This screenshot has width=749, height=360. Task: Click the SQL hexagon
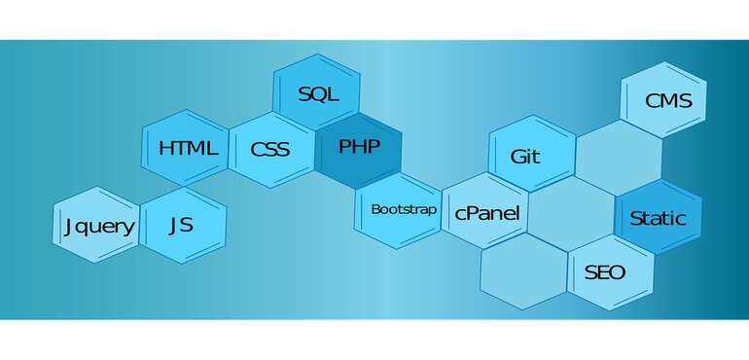317,94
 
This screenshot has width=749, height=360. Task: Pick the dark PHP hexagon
359,147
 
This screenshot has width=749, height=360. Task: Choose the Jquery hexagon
98,226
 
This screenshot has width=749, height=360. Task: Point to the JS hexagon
182,226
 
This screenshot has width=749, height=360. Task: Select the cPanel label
487,213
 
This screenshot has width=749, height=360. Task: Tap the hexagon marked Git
526,156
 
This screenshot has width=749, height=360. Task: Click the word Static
658,218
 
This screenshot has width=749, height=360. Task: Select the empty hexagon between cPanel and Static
572,212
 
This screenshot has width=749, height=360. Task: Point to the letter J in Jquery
68,227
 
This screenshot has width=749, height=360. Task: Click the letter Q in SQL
317,94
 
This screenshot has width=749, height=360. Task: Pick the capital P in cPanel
473,213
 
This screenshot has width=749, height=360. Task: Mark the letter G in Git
516,156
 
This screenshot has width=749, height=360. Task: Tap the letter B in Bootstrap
375,209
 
